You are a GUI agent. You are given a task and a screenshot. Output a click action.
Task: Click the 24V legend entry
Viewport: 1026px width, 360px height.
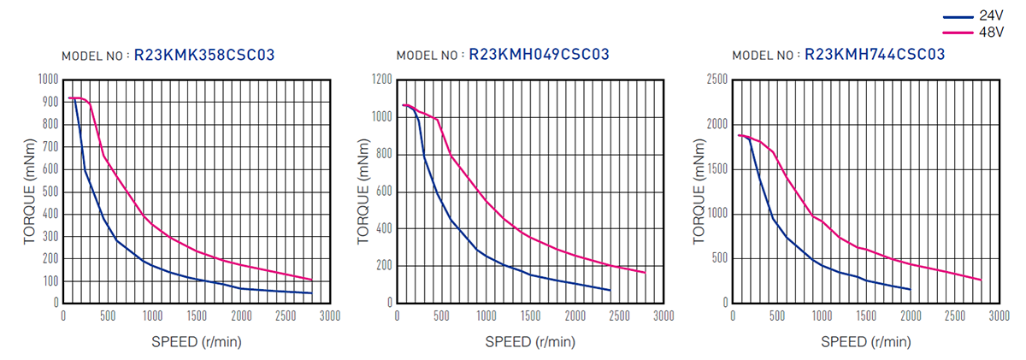[991, 16]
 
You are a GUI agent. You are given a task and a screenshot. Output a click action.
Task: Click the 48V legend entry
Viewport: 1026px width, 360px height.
[991, 32]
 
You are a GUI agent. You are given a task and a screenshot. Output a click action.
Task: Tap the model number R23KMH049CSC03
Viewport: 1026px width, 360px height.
[539, 55]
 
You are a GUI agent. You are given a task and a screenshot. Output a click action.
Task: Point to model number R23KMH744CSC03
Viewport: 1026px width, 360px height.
[874, 55]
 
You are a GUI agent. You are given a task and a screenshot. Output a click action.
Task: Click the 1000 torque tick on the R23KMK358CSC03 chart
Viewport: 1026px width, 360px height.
[48, 80]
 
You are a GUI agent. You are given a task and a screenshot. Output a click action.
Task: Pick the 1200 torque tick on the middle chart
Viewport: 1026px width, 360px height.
[381, 80]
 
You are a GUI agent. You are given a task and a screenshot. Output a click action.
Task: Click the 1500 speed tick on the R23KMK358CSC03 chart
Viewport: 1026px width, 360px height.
[197, 316]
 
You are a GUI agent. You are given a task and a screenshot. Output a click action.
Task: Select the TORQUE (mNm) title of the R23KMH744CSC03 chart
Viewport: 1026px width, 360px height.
[701, 191]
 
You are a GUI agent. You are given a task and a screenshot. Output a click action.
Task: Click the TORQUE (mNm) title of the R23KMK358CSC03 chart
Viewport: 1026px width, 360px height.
[30, 191]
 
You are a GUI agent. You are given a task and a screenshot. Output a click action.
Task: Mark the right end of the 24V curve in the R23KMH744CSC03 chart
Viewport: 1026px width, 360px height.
[910, 289]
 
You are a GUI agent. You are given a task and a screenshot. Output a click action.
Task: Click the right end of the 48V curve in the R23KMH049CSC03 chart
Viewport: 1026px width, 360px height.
[645, 273]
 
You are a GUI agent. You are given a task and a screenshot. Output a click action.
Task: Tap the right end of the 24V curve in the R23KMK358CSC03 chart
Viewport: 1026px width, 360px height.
[311, 293]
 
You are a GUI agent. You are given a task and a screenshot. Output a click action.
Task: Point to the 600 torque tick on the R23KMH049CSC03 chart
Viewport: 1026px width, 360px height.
[383, 192]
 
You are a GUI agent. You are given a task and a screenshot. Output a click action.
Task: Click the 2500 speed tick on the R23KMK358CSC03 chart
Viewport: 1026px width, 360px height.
[286, 316]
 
